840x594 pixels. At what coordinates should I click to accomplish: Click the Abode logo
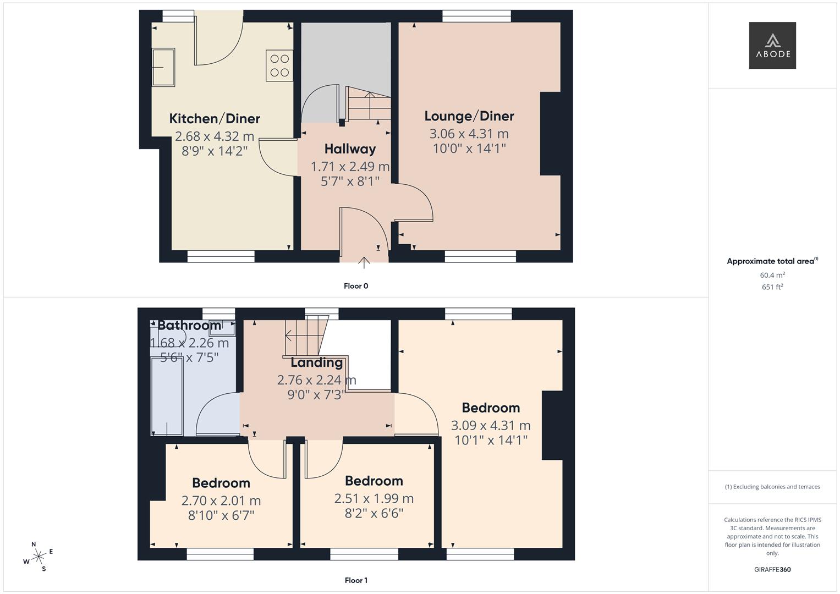point(772,46)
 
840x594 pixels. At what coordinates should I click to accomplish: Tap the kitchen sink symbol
point(163,68)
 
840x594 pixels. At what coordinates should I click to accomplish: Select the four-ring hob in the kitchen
point(279,65)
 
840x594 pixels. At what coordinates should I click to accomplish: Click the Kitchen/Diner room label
point(215,119)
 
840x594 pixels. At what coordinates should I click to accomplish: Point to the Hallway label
point(350,149)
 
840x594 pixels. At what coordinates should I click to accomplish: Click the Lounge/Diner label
point(469,116)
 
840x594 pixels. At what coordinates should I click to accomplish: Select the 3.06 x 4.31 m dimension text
point(469,134)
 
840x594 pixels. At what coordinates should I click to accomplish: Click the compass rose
point(38,557)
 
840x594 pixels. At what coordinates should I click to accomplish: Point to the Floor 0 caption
point(356,286)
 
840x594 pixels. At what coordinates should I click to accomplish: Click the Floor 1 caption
point(356,580)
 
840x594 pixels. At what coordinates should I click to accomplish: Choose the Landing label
point(316,362)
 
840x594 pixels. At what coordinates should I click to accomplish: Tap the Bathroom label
point(189,326)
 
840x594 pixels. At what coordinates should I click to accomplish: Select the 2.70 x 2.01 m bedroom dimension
point(221,501)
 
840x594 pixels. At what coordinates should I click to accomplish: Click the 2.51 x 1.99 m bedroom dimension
point(374,498)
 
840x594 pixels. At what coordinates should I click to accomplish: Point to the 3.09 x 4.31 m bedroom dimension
point(491,425)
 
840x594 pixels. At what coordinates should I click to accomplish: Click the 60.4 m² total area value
point(772,275)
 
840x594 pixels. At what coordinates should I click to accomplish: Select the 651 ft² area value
point(772,287)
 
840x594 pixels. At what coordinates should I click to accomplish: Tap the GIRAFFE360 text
point(772,569)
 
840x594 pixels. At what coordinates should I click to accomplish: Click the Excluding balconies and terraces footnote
point(772,487)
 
